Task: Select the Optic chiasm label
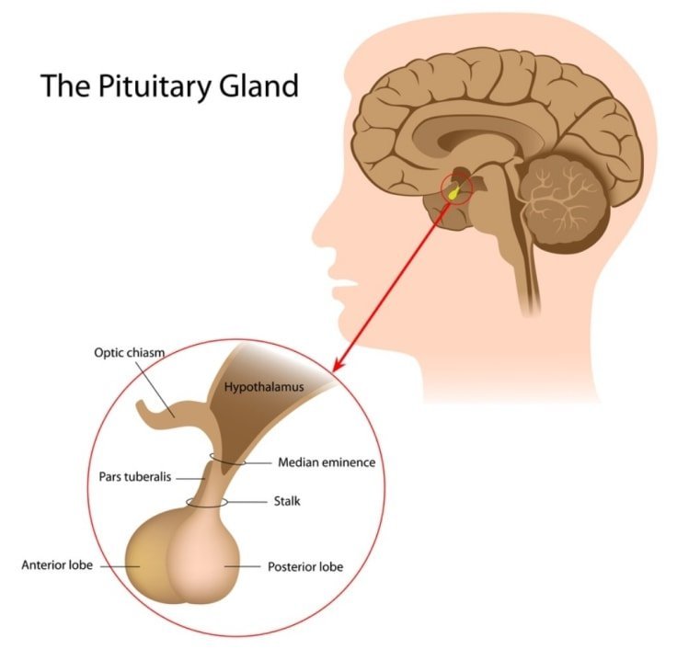click(129, 353)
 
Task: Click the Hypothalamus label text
click(264, 388)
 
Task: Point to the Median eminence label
click(327, 462)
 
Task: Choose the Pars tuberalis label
click(137, 478)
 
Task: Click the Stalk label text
click(288, 502)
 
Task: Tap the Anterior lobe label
click(57, 564)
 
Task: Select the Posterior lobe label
click(304, 566)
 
